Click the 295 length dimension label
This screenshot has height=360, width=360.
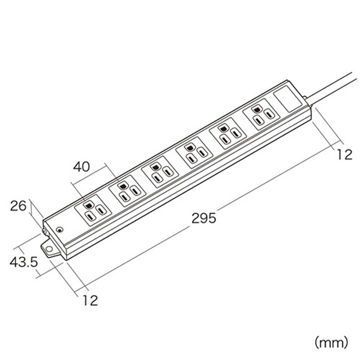pos(204,218)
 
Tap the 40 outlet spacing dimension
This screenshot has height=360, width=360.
pos(82,167)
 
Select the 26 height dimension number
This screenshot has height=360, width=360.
pos(19,206)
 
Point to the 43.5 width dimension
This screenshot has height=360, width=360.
pos(23,262)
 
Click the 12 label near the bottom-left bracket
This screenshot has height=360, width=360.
pos(91,301)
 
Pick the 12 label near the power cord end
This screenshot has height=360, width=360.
pos(344,155)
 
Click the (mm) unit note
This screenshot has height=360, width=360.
pos(331,343)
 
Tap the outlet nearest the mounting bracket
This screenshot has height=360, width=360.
pos(93,211)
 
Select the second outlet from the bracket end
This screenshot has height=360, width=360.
pos(127,191)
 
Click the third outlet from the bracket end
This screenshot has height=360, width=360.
pos(160,172)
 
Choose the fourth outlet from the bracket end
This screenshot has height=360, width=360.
pos(194,153)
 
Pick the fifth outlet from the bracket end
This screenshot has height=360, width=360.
pos(228,134)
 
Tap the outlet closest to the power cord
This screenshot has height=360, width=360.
pos(261,115)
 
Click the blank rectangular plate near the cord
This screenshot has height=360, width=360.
pos(287,99)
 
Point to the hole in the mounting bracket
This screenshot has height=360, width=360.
pos(49,249)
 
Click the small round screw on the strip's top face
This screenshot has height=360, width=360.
pos(59,229)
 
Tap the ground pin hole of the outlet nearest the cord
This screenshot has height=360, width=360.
pos(256,109)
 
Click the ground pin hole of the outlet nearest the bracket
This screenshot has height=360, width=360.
pos(88,204)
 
